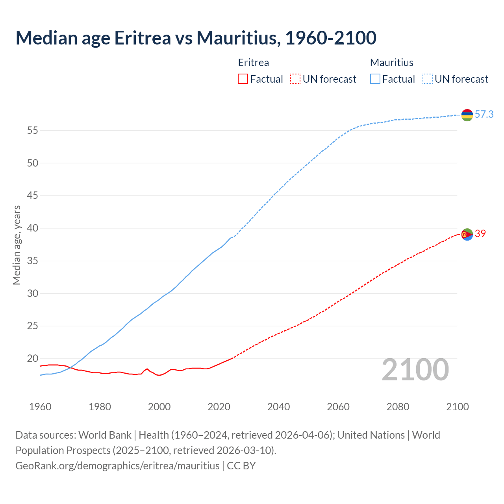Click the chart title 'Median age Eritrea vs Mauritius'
196,38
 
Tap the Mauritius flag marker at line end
467,115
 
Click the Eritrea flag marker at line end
467,234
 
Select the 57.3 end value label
484,115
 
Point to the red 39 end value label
480,234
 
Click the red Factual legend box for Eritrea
243,79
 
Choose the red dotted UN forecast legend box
295,79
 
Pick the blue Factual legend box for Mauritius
375,79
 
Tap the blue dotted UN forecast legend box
427,79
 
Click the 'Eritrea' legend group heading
254,63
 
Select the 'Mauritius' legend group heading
391,63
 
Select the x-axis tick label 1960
40,407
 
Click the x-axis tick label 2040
278,407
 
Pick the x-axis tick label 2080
398,407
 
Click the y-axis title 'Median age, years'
17,245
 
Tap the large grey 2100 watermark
415,370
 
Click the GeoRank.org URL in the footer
117,466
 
